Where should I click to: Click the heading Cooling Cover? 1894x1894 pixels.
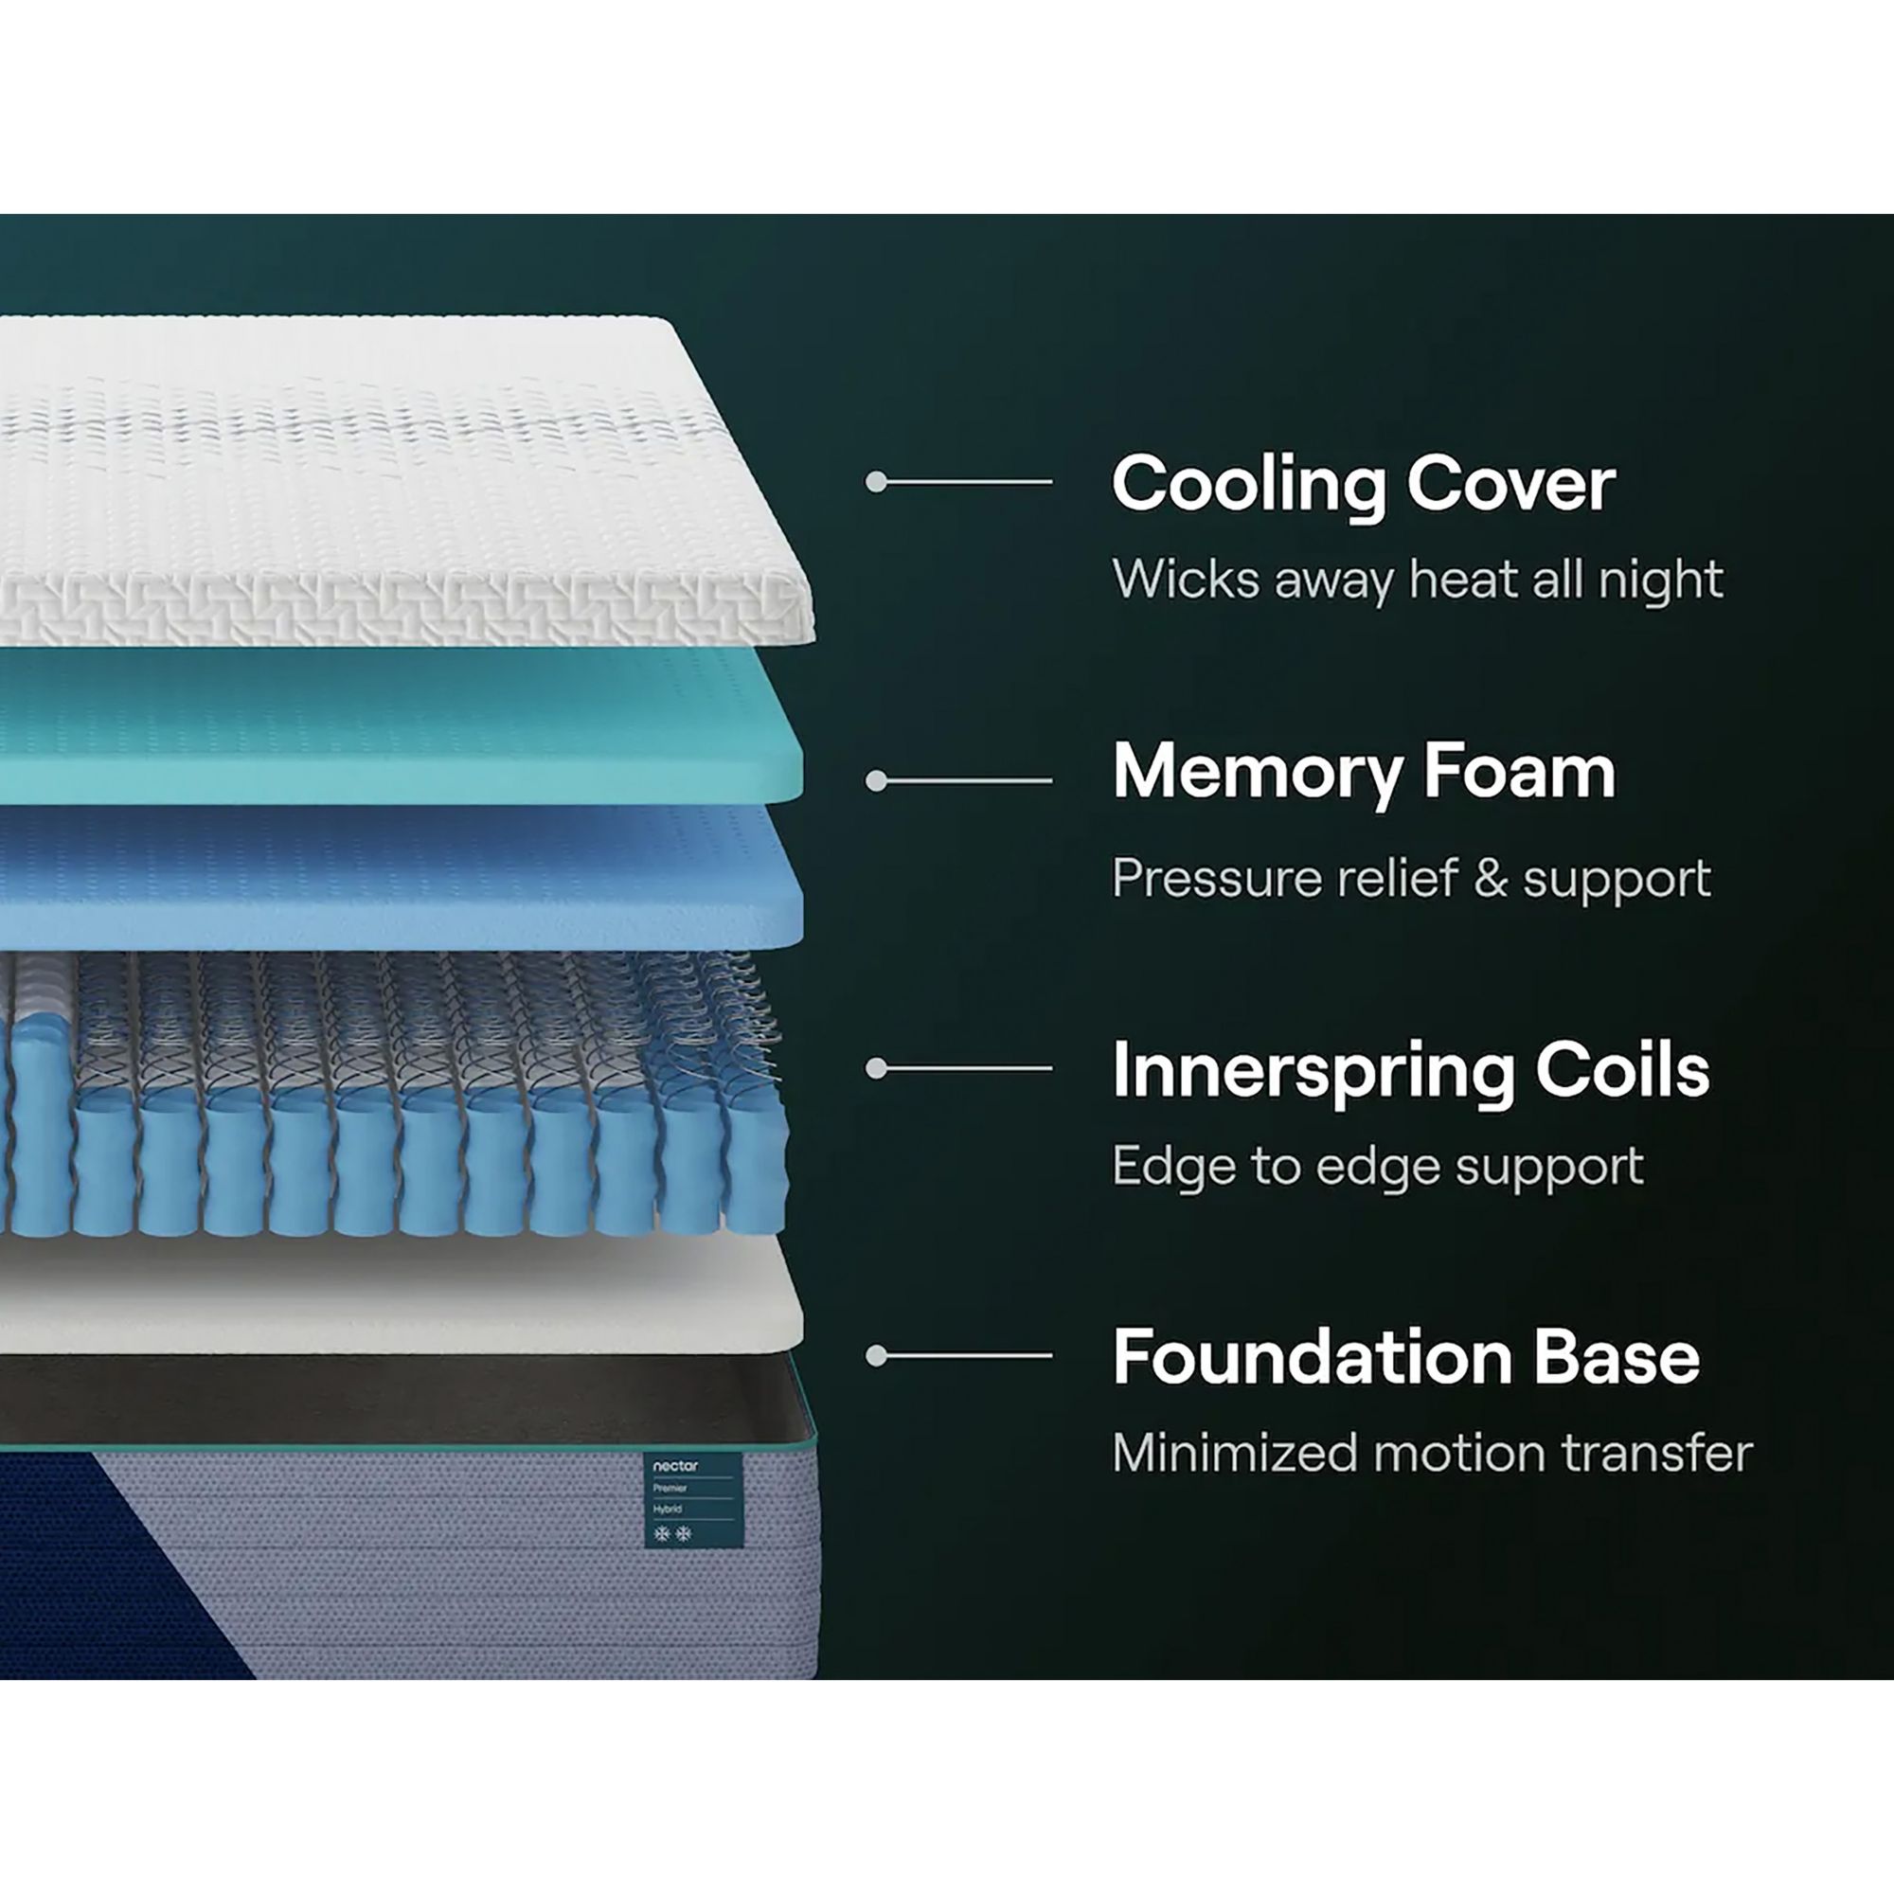tap(1364, 484)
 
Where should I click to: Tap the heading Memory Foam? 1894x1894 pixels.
tap(1364, 774)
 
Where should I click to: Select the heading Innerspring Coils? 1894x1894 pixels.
tap(1411, 1070)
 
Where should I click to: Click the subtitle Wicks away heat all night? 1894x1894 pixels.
tap(1418, 580)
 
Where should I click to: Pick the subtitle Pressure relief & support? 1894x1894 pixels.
tap(1412, 879)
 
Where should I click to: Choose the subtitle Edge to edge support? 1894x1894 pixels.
tap(1377, 1167)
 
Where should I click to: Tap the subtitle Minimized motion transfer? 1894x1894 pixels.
tap(1432, 1453)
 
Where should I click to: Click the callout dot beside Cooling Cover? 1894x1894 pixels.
tap(876, 481)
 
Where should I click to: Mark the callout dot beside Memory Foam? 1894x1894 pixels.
tap(876, 780)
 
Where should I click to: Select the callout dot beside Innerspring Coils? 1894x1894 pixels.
tap(876, 1068)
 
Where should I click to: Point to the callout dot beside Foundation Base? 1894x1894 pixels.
tap(876, 1356)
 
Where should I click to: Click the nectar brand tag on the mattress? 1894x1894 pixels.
tap(693, 1500)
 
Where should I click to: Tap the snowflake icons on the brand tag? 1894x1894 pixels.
tap(672, 1533)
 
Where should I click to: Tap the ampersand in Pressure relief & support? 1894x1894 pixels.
tap(1490, 879)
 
